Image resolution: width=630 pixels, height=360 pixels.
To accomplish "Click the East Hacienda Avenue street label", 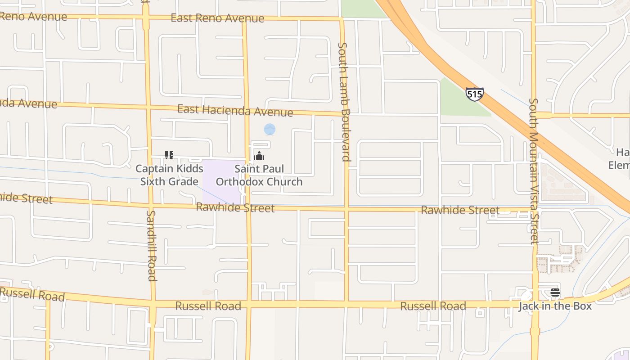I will (235, 110).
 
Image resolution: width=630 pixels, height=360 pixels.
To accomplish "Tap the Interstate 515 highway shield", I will (474, 94).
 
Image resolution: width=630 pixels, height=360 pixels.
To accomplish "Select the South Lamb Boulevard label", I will (344, 101).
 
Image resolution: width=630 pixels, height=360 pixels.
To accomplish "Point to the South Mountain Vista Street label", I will (534, 171).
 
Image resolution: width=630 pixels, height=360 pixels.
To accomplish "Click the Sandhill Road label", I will (152, 245).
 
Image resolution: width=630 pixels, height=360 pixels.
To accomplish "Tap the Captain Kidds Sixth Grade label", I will (169, 175).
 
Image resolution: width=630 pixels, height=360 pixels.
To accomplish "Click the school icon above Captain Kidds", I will (169, 156).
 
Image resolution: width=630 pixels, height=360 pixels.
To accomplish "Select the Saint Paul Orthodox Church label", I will (259, 175).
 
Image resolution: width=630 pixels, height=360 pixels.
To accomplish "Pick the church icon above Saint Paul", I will (259, 156).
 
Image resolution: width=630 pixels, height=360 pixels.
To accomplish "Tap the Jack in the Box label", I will (555, 306).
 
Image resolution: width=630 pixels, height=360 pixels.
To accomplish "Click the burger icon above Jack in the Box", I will (555, 292).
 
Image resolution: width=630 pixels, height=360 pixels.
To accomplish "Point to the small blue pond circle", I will (270, 130).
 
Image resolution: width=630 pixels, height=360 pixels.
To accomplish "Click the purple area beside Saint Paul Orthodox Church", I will (223, 180).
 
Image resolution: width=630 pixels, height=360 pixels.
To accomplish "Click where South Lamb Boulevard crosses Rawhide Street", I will (346, 209).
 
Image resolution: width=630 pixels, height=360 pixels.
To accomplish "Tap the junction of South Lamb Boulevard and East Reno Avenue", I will (342, 19).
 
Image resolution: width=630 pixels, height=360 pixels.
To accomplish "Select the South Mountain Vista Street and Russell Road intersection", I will (535, 302).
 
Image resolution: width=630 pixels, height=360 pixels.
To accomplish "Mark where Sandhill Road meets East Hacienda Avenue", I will (147, 107).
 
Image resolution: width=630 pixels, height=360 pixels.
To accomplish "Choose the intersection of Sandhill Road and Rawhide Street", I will (150, 205).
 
